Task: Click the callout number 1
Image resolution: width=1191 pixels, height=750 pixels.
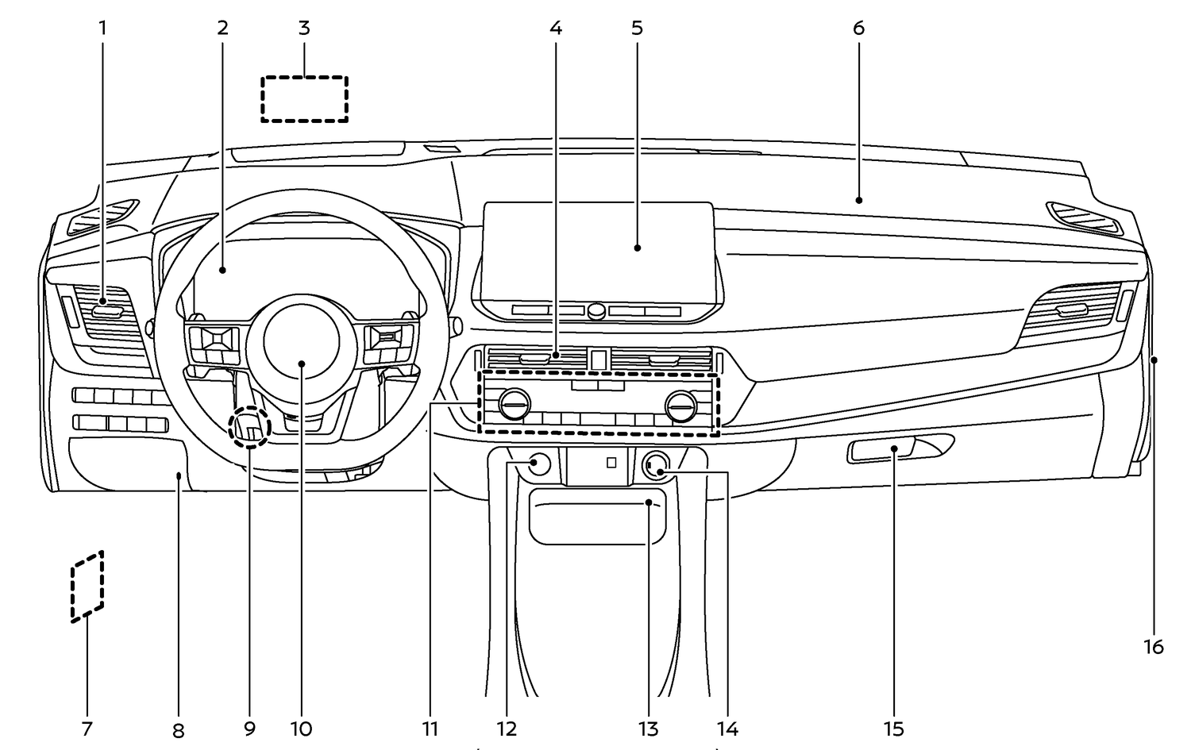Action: (x=102, y=28)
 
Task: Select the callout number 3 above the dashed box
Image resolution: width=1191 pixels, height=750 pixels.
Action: (x=304, y=28)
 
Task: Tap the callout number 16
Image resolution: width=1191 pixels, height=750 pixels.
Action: (x=1154, y=647)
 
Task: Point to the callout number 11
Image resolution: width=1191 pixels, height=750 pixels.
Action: (x=430, y=728)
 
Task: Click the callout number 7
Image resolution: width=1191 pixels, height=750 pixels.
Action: (x=87, y=728)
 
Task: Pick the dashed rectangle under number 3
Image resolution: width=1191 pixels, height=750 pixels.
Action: (x=305, y=99)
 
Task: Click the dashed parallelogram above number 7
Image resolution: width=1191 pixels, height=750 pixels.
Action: (x=87, y=586)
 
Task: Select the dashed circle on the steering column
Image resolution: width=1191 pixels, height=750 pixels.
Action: (x=249, y=429)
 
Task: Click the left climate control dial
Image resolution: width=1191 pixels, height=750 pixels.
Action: (x=514, y=406)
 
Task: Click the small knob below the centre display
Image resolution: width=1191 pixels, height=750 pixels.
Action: (x=597, y=310)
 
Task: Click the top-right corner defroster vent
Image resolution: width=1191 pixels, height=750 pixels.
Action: (x=1083, y=217)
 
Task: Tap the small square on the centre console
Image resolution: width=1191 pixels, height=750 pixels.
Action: (x=611, y=462)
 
